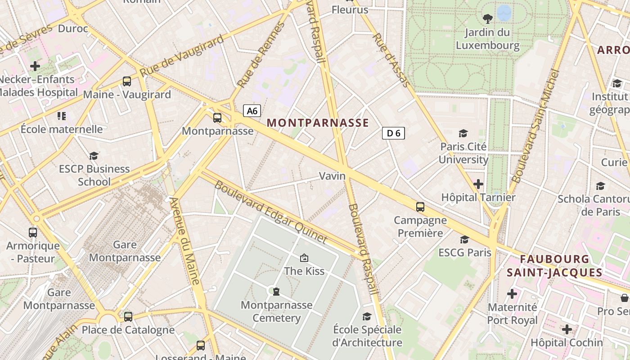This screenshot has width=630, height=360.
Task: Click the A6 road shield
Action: (252, 111)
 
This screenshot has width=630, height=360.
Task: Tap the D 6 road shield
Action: (393, 133)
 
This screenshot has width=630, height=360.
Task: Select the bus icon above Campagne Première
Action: (420, 207)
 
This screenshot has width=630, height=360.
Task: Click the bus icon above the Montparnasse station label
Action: (217, 118)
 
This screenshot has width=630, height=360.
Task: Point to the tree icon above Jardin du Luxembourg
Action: (487, 19)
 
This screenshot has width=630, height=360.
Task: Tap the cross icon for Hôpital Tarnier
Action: (478, 184)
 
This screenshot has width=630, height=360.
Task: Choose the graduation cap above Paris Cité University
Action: (463, 133)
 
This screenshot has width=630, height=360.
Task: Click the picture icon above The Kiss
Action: (304, 258)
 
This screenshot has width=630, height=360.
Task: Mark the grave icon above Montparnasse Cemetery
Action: (276, 291)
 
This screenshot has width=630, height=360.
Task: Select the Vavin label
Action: (333, 176)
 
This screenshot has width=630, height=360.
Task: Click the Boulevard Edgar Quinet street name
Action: (270, 212)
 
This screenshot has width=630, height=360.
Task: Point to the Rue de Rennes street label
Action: (261, 55)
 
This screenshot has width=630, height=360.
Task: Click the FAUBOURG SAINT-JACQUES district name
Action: (554, 265)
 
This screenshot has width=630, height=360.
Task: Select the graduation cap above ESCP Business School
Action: (94, 156)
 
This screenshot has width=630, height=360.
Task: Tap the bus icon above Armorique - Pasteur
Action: (33, 233)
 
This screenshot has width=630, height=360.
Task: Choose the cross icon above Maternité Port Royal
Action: (512, 294)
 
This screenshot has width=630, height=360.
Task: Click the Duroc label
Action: (73, 29)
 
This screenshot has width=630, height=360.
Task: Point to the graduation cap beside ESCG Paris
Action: (464, 239)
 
